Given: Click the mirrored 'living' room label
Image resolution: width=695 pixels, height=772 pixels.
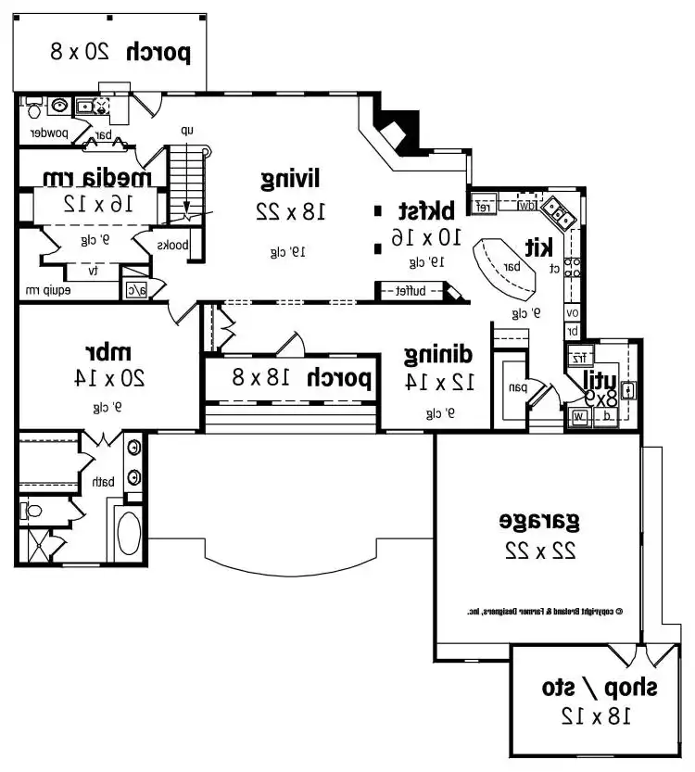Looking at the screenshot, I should coord(291,177).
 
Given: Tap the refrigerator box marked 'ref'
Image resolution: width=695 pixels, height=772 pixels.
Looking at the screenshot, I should coord(483,205).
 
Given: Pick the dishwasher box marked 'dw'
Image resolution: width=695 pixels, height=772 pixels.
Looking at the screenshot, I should coord(525,205).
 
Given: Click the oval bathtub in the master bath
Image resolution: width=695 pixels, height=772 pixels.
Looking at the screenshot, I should coord(128,533).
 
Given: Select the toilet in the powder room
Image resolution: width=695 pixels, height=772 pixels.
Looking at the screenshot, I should coord(33,108).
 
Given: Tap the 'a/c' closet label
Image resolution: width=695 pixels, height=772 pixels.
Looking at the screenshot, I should coord(134,289).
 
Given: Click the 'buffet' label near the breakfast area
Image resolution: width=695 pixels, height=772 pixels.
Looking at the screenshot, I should coord(411,291).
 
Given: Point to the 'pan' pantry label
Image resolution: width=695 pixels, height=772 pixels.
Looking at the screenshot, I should coord(514,388).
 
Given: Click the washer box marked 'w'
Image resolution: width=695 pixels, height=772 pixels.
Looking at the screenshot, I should coord(579,417).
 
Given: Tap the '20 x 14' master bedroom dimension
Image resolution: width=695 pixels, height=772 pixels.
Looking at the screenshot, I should coord(109,378).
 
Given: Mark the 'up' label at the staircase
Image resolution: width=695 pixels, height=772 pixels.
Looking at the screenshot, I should coord(187,131).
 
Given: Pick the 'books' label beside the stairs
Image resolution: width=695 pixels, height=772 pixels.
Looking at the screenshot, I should coord(172,246).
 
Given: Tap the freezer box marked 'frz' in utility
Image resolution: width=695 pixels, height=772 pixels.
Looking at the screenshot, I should coord(578,357).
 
